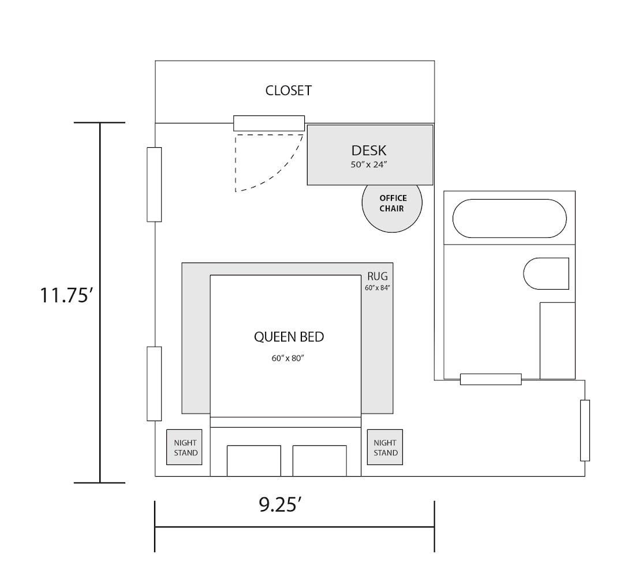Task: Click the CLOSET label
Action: (289, 91)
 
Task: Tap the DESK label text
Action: (368, 151)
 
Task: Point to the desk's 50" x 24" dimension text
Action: (369, 164)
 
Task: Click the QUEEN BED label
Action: (289, 337)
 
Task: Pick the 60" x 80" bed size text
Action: (287, 358)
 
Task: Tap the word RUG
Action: (378, 276)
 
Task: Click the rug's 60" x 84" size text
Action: (378, 287)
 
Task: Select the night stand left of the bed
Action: (184, 447)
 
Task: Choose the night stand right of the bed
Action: (385, 447)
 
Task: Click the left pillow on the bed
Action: (254, 460)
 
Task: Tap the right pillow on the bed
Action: (320, 460)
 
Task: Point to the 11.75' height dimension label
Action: (66, 295)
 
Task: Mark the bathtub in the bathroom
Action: (509, 218)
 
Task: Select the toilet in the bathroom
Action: (546, 273)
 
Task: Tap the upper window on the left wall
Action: (154, 185)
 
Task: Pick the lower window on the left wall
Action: (154, 384)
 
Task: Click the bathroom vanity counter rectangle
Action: (558, 341)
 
